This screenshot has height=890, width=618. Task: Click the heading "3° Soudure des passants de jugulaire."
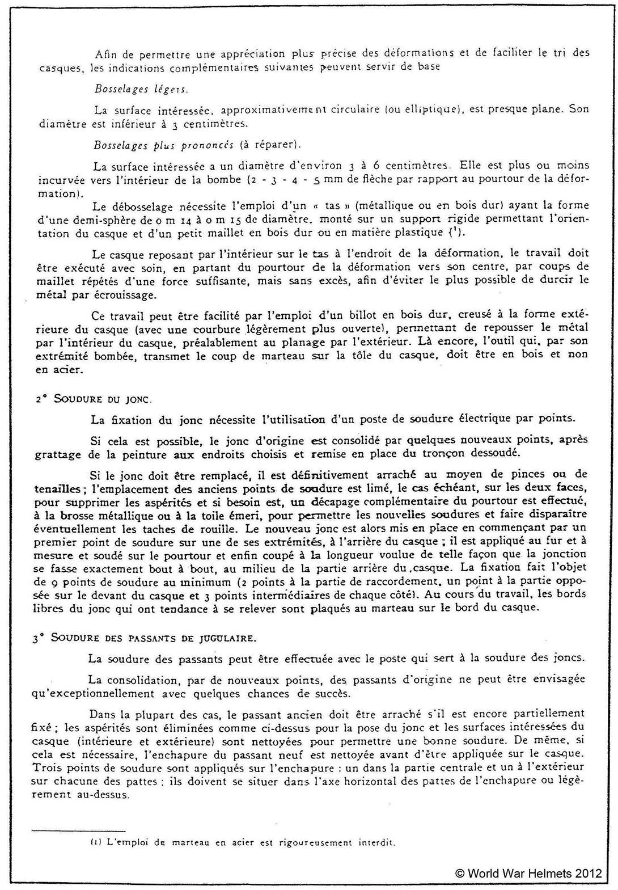[144, 637]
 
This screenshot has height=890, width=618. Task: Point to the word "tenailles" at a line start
[54, 488]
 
